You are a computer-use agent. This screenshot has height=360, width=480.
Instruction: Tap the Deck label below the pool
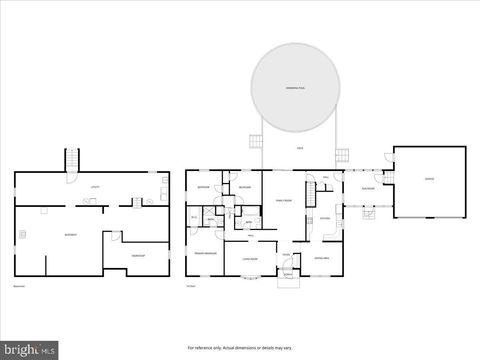[299, 149]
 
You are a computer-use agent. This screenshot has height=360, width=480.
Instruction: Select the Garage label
[429, 180]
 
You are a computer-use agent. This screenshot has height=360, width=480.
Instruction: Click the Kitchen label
[325, 218]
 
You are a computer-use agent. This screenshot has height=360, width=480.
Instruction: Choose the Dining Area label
[322, 257]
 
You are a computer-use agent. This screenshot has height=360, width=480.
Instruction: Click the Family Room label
[282, 200]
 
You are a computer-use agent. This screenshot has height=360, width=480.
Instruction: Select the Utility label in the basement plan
[96, 186]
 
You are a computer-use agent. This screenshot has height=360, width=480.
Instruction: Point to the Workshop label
[138, 256]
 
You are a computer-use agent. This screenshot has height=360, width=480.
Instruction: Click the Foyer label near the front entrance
[285, 255]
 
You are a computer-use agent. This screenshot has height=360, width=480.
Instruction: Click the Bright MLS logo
[29, 350]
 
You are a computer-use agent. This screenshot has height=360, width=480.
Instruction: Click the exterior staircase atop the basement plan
[71, 160]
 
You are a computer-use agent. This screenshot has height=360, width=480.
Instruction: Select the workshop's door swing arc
[116, 238]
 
